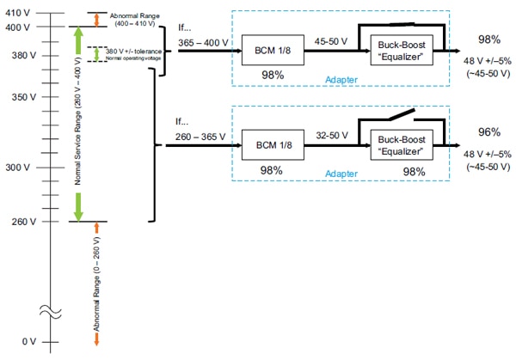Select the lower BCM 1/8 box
[x=268, y=146]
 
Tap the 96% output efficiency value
[x=489, y=132]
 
